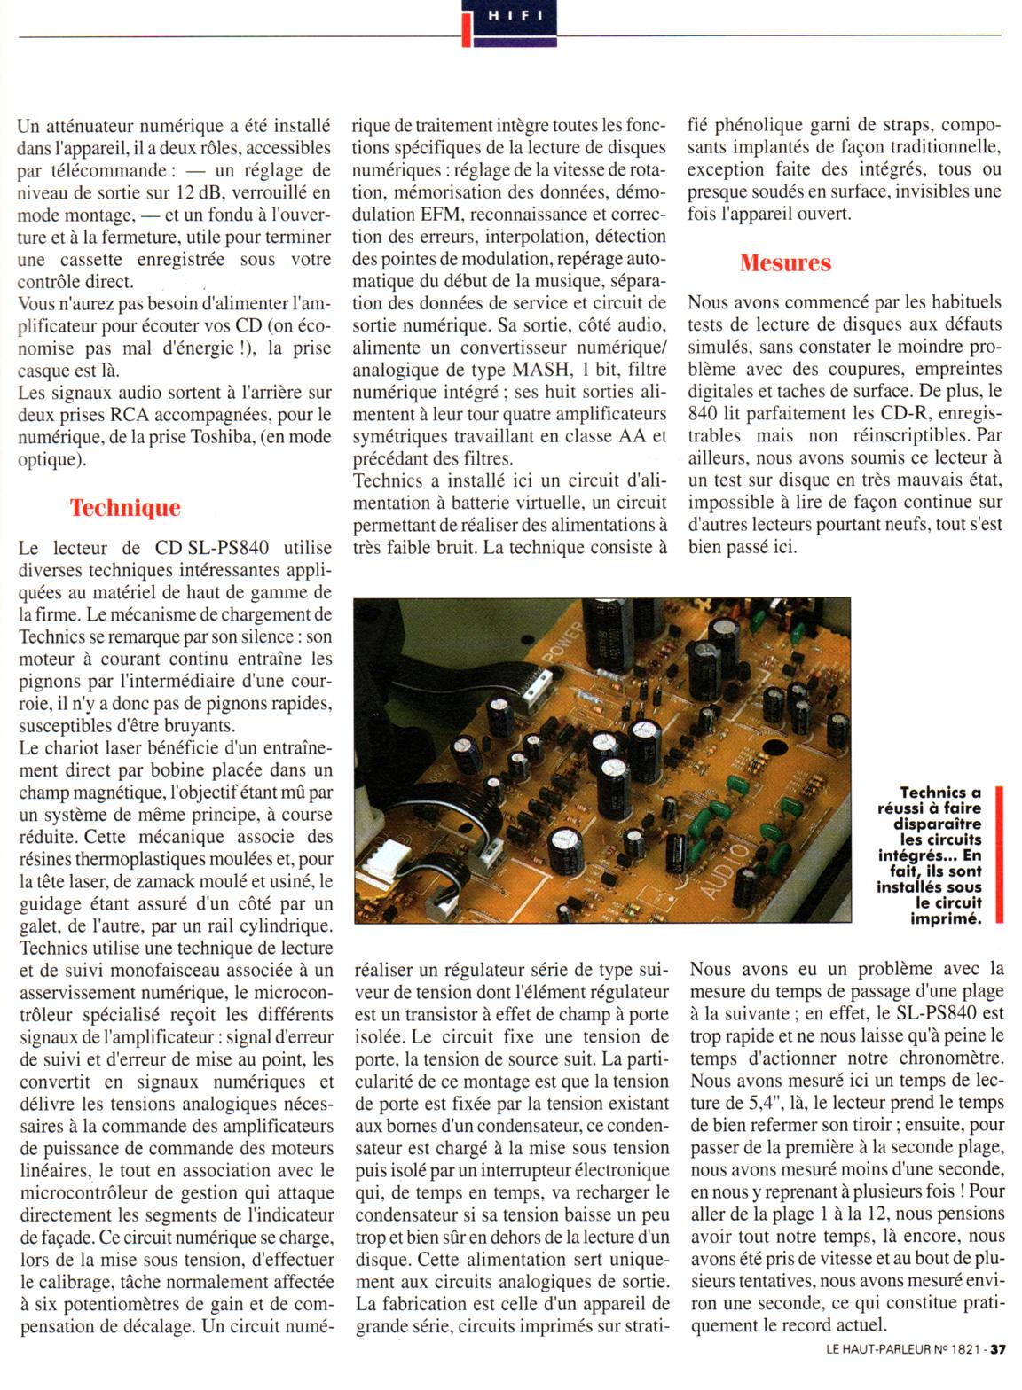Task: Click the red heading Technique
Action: coord(125,508)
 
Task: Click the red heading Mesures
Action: coord(785,262)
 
